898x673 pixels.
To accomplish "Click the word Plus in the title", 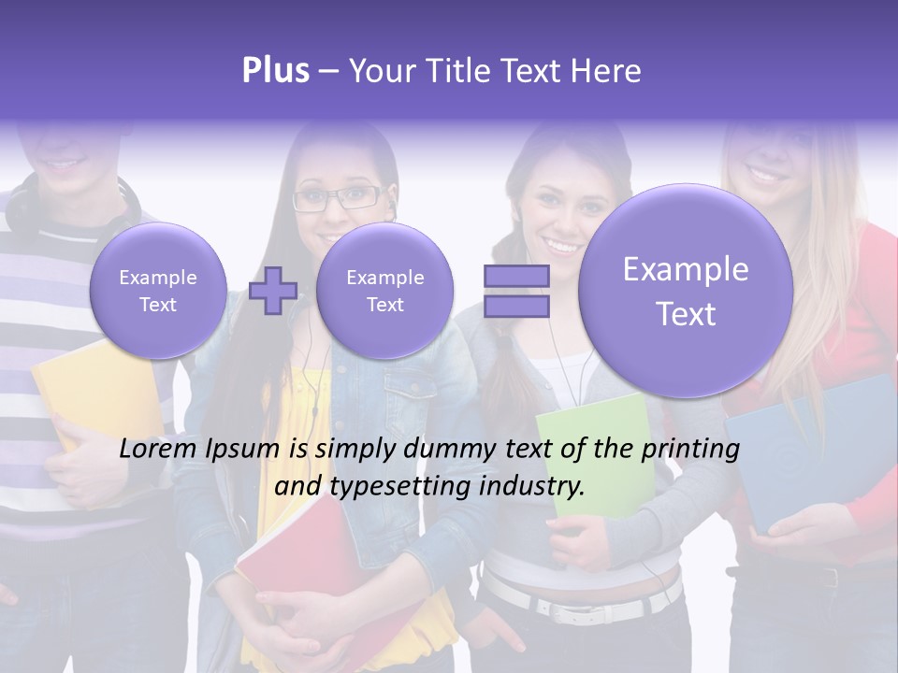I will [275, 71].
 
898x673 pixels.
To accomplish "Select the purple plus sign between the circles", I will [272, 291].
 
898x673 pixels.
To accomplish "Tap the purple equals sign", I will [516, 291].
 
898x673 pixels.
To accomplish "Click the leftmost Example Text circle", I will [157, 291].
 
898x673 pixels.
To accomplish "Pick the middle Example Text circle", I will [384, 291].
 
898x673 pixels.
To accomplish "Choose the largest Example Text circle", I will [686, 291].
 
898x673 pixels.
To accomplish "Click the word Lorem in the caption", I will [158, 450].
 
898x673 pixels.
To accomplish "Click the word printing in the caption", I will [690, 450].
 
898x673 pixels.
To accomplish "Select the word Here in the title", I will [609, 71].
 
